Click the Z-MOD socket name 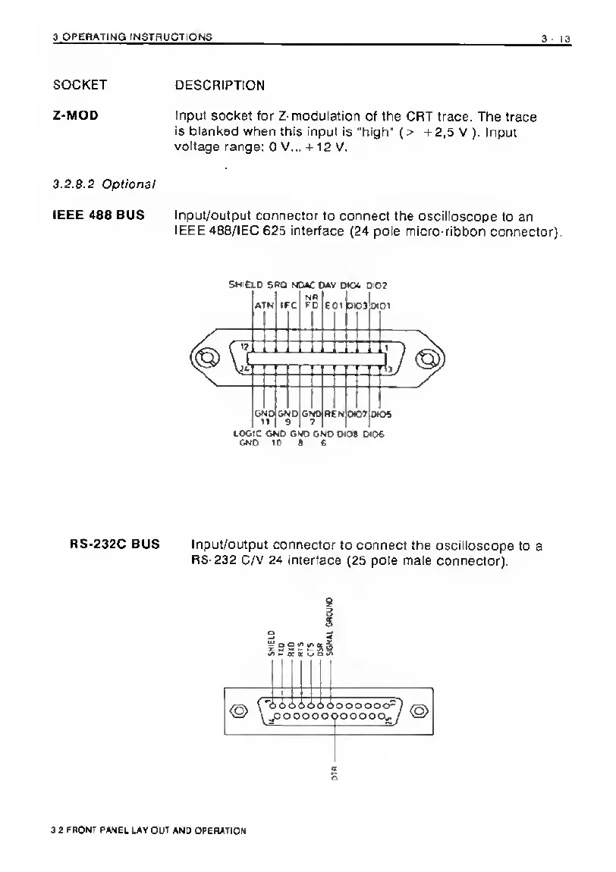pos(74,117)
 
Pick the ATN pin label pos(264,306)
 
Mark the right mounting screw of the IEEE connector pos(429,358)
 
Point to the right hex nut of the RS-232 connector pos(419,710)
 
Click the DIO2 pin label pos(377,286)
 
